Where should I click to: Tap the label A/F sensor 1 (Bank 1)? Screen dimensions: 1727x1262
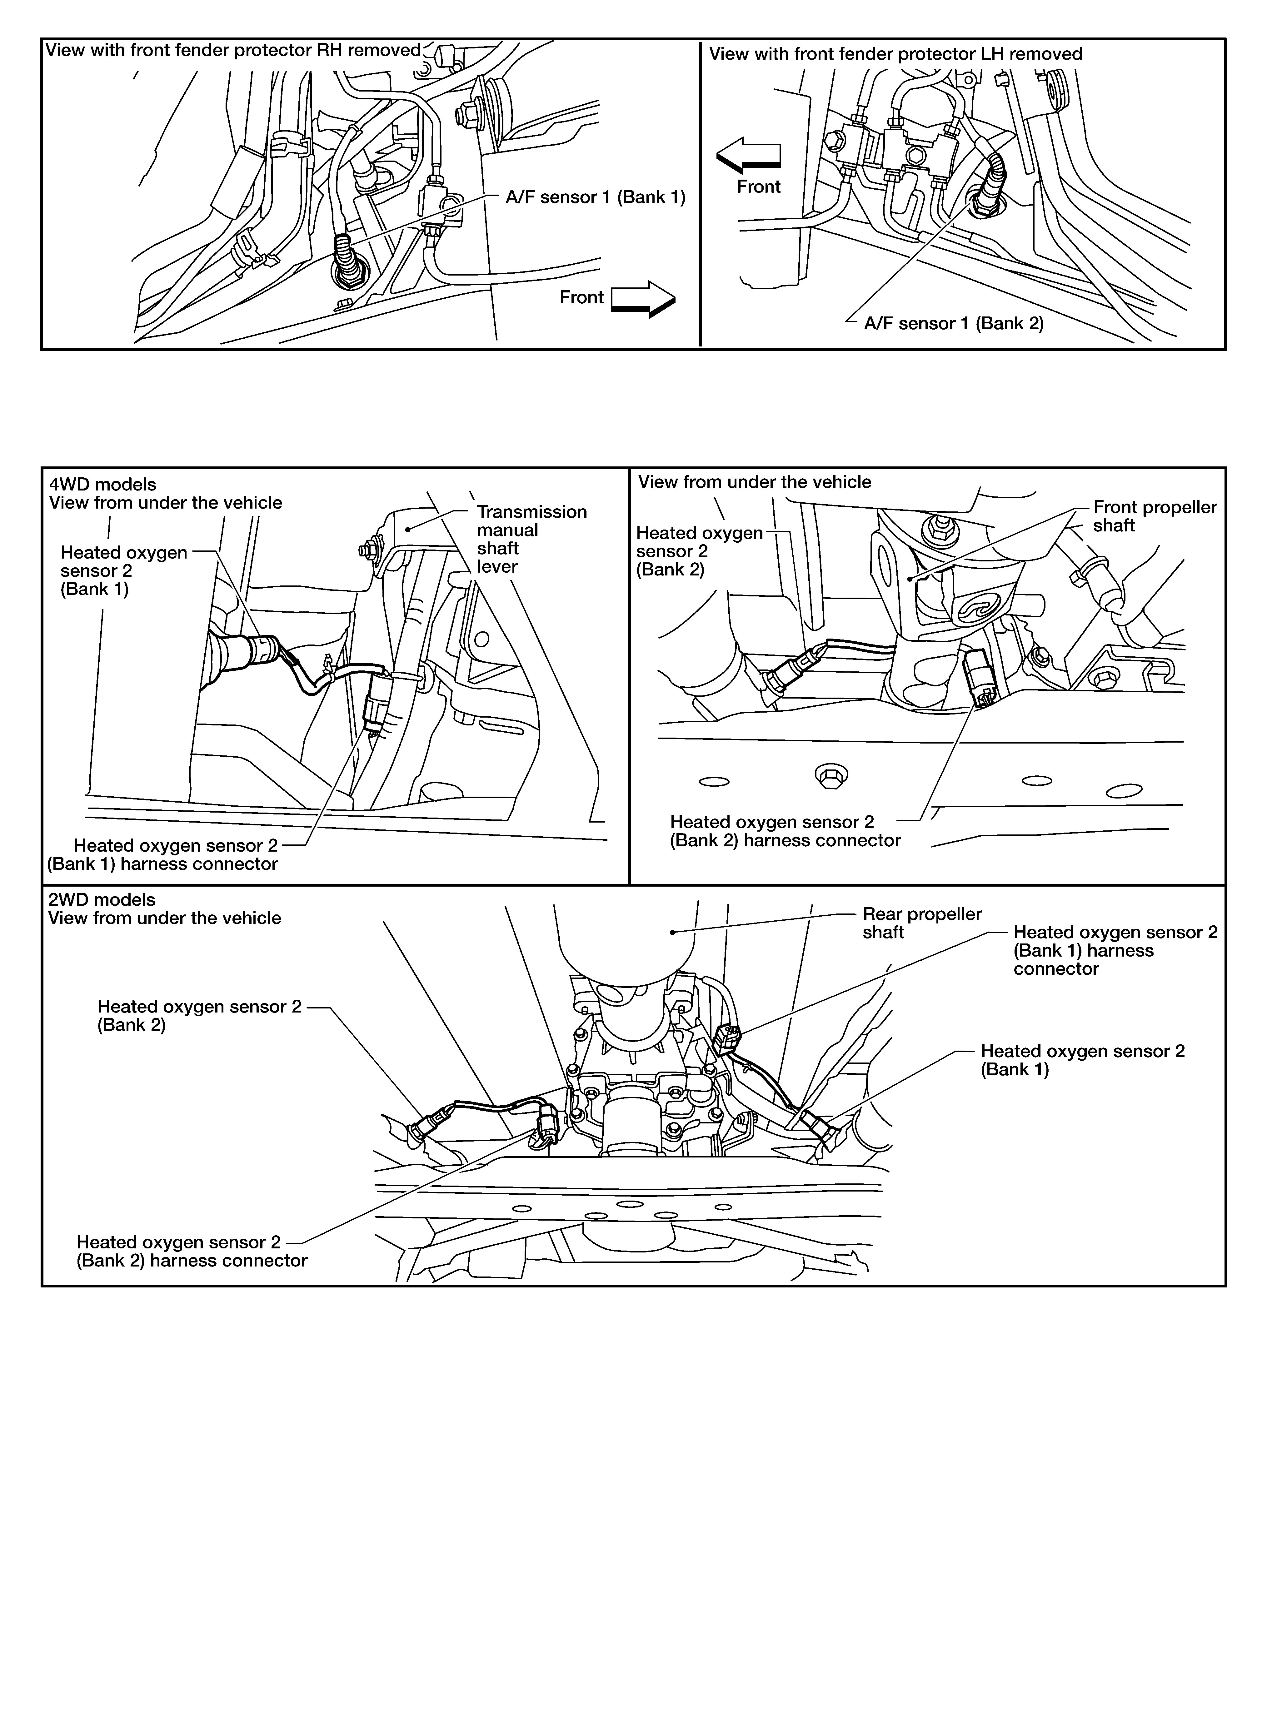[595, 198]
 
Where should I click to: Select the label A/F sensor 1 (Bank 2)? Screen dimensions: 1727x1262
[953, 323]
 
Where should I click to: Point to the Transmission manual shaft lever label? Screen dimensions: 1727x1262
[532, 539]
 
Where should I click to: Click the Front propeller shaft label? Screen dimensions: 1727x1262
[1154, 516]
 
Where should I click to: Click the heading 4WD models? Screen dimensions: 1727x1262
[102, 484]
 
